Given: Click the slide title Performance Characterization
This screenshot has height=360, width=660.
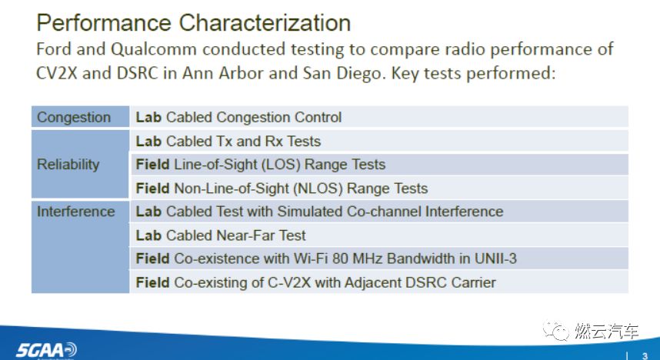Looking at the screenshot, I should click(194, 22).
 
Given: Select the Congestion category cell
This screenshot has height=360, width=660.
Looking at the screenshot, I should click(74, 118).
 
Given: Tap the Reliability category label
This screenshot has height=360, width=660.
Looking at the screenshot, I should click(68, 165).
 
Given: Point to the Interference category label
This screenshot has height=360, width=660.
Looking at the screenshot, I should click(76, 212).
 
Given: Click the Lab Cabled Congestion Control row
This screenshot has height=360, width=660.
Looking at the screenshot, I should click(238, 118).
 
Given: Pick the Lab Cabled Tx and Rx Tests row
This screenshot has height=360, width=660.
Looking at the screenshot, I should click(228, 142).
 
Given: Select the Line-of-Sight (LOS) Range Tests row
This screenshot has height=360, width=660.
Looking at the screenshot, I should click(261, 165).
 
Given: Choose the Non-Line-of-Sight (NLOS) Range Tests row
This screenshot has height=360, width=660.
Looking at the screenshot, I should click(282, 188).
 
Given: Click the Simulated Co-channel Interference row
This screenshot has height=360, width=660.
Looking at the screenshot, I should click(319, 212).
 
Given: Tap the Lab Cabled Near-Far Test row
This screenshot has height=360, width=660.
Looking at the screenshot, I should click(221, 235).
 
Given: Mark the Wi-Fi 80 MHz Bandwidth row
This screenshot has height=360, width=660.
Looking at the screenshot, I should click(326, 258).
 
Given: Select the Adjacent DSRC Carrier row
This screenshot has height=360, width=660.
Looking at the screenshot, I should click(315, 282).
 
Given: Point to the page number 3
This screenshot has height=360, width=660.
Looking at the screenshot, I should click(644, 355).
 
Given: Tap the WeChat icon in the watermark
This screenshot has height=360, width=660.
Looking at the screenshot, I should click(555, 331).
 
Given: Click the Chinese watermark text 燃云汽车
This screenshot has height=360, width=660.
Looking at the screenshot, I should click(607, 332).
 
